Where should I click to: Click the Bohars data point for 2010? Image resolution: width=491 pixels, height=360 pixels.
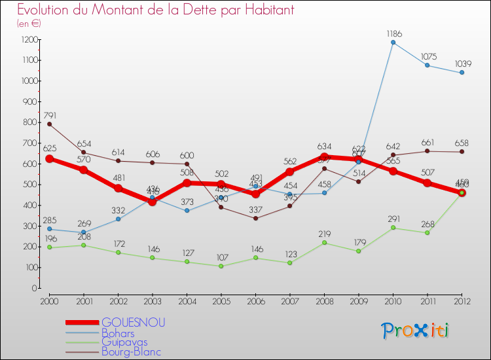(393, 43)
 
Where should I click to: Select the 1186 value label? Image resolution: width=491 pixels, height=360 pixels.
(394, 33)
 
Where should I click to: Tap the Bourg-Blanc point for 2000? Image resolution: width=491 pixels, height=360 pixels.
(49, 124)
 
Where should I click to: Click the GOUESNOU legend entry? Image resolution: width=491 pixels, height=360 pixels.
(133, 322)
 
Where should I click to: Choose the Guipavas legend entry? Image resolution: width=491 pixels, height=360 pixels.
(124, 342)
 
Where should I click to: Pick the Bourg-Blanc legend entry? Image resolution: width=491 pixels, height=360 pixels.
(130, 351)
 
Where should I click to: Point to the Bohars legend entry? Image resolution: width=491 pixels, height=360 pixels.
(120, 332)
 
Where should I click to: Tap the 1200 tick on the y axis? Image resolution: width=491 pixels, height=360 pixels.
(28, 39)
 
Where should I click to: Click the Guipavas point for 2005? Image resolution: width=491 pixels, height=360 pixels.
(221, 266)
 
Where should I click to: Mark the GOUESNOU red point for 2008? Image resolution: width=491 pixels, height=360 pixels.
(324, 156)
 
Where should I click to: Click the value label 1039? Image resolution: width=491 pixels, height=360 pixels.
(462, 63)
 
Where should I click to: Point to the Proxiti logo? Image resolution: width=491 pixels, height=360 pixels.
(416, 331)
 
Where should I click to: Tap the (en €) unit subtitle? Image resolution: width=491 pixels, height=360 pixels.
(29, 24)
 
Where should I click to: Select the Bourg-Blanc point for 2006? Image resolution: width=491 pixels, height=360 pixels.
(255, 218)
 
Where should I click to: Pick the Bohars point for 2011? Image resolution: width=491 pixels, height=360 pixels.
(427, 65)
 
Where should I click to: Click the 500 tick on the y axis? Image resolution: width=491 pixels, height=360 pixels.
(29, 185)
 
